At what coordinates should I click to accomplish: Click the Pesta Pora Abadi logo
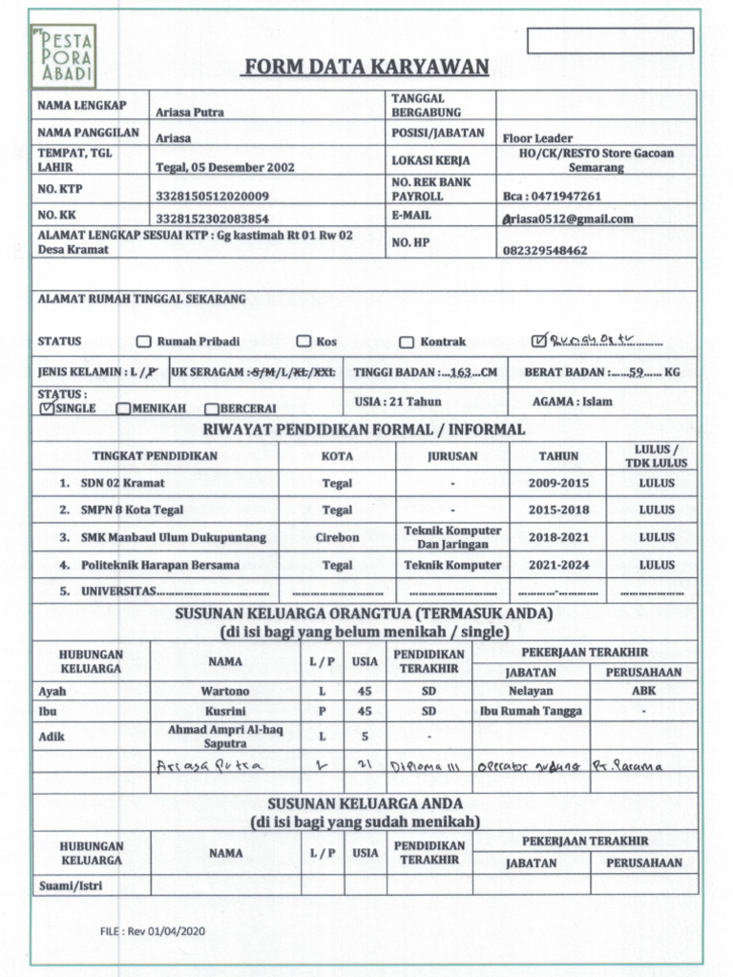[63, 56]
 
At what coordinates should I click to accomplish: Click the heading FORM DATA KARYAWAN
[366, 67]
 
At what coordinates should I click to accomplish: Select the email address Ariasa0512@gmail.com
[568, 218]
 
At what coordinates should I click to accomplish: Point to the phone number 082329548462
[545, 251]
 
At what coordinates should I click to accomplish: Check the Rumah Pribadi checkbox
[144, 342]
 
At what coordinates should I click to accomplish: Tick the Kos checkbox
[304, 342]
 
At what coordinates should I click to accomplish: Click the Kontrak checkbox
[406, 343]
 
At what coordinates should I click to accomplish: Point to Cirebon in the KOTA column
[337, 537]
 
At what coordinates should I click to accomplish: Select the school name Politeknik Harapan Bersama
[160, 565]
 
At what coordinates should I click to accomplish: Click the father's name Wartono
[225, 691]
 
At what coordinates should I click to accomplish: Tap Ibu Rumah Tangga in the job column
[531, 711]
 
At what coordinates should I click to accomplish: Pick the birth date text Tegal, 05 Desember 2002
[225, 167]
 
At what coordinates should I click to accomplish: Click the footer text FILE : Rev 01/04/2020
[154, 931]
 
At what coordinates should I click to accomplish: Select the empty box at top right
[610, 41]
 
